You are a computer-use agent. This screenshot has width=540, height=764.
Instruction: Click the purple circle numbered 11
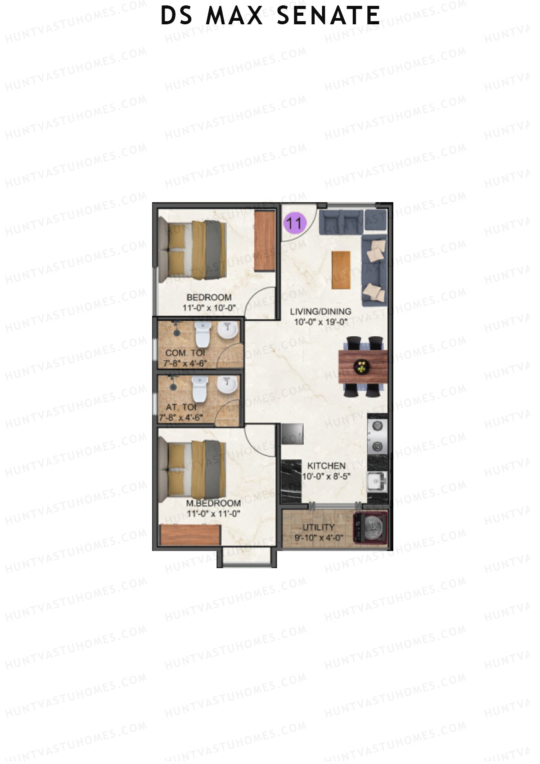click(x=295, y=222)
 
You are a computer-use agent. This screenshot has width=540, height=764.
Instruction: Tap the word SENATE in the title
click(x=328, y=16)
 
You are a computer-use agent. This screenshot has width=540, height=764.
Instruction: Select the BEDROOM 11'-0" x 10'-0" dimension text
click(x=209, y=308)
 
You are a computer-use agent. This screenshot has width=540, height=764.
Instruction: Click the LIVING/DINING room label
click(x=320, y=311)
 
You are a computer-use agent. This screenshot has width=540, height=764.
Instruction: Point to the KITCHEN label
click(x=326, y=466)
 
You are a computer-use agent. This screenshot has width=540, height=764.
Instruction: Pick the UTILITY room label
click(x=318, y=527)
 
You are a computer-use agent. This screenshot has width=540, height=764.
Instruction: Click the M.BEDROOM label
click(x=213, y=503)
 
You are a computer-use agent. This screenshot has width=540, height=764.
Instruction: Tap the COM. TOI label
click(x=185, y=353)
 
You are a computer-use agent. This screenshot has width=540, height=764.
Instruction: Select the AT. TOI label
click(x=181, y=407)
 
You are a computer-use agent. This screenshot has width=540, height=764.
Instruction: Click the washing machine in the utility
click(x=372, y=528)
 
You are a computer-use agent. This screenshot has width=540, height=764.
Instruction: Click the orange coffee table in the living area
click(x=341, y=270)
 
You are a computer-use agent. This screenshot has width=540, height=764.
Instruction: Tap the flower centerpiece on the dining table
click(x=361, y=366)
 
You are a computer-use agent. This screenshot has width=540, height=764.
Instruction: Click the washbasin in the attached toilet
click(x=227, y=386)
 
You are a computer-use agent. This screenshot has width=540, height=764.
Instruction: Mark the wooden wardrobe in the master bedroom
click(x=190, y=535)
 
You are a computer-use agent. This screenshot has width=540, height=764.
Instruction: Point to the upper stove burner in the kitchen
click(x=377, y=425)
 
